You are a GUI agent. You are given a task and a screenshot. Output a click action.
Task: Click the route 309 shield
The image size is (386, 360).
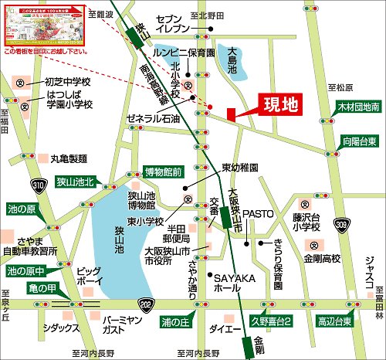coord(342,225)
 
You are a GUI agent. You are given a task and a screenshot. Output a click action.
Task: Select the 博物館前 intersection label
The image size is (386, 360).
coord(163,172)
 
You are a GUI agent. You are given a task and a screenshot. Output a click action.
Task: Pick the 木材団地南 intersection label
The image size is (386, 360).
coord(357,108)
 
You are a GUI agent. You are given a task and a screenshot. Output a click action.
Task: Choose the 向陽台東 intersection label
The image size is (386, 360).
coord(360,141)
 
